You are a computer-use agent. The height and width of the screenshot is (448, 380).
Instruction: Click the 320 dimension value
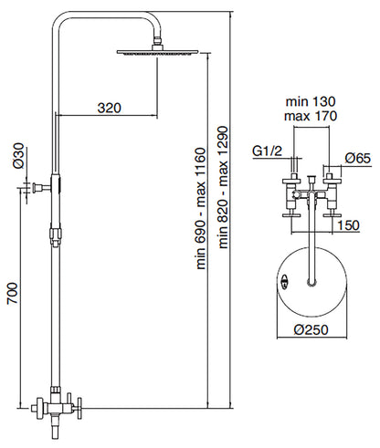pos(109,107)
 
